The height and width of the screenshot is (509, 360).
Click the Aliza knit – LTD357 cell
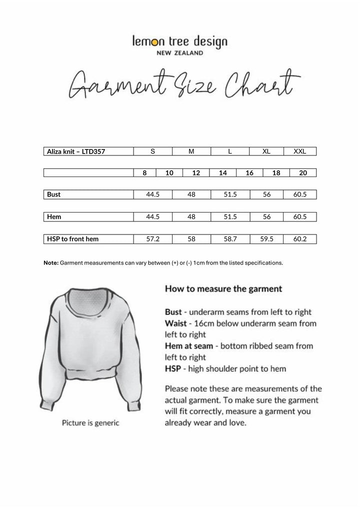click(75, 151)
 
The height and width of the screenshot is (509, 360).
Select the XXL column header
click(300, 151)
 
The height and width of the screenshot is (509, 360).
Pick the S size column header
click(152, 151)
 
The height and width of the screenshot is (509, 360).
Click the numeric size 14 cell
click(223, 173)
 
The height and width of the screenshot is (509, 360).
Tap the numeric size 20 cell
click(302, 173)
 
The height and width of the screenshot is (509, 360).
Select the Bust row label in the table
click(54, 194)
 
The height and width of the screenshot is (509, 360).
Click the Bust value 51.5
click(230, 194)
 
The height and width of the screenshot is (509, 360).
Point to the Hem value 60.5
click(300, 217)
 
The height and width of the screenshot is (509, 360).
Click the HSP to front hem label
click(72, 239)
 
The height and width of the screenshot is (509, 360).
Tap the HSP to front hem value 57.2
click(152, 239)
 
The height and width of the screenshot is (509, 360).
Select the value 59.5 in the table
click(266, 239)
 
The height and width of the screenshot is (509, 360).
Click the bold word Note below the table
click(51, 262)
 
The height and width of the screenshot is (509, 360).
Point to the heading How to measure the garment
click(223, 288)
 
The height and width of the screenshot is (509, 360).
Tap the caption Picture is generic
click(90, 423)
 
